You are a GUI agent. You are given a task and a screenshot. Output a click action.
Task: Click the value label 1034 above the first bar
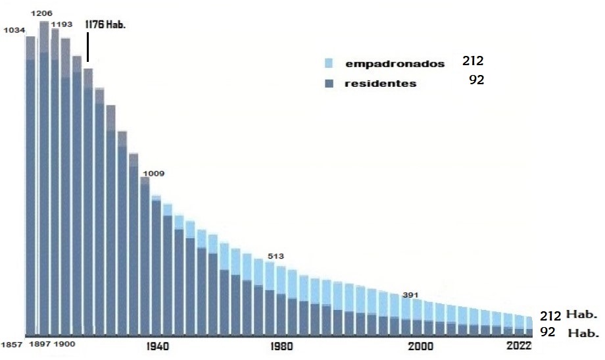[14, 30]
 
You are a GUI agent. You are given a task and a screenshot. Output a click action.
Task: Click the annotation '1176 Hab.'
[105, 24]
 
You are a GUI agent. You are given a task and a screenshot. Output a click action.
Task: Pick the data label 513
[275, 256]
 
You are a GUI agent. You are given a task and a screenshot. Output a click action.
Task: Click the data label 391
[411, 296]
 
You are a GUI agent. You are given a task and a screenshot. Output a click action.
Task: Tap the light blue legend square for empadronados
[329, 64]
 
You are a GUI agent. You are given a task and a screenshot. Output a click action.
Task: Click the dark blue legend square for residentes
[329, 84]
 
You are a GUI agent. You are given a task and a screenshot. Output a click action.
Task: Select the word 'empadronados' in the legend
[395, 64]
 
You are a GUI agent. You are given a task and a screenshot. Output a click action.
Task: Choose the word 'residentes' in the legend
[381, 84]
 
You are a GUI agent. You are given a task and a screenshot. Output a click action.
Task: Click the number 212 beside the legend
[472, 62]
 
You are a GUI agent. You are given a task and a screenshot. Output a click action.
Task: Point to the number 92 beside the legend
[477, 81]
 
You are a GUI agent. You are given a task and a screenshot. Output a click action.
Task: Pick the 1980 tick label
[281, 346]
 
